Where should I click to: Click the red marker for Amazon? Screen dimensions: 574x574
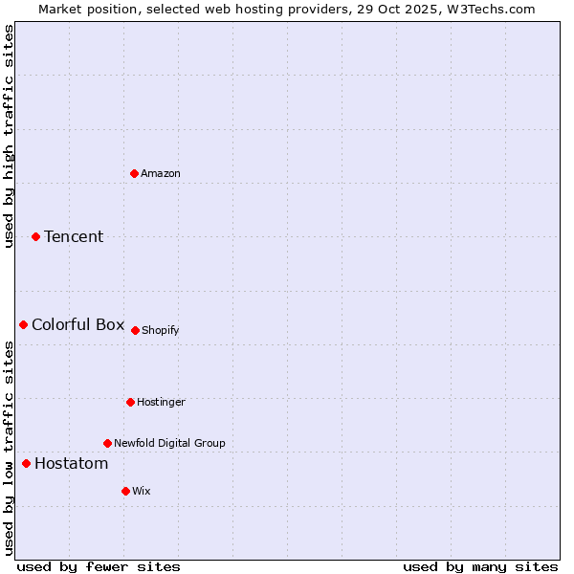click(x=134, y=173)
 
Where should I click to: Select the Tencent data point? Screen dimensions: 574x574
click(x=35, y=236)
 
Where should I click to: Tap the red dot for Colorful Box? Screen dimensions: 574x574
click(x=23, y=324)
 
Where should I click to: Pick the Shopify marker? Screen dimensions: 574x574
click(x=135, y=330)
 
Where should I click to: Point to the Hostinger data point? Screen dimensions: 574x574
click(x=130, y=402)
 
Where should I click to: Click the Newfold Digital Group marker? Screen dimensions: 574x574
click(x=107, y=443)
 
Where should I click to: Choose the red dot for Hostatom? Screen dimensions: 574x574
click(x=26, y=463)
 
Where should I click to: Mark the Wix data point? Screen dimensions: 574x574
click(x=125, y=491)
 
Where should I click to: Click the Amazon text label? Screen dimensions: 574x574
click(x=161, y=174)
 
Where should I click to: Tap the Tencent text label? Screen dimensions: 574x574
click(x=74, y=237)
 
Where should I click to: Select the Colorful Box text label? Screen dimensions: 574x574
click(x=78, y=324)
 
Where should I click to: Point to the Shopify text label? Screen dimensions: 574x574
click(x=161, y=331)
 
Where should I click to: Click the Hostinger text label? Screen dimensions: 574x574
click(x=161, y=403)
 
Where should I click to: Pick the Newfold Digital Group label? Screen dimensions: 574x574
click(x=169, y=444)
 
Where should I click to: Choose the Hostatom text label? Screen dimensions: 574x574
click(x=72, y=464)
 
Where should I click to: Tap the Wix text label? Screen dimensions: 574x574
click(x=142, y=492)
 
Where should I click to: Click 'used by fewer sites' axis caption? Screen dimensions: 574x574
click(x=99, y=566)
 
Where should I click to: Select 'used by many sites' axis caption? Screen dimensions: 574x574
click(x=480, y=566)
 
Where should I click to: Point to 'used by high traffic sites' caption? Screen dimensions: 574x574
click(x=10, y=136)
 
